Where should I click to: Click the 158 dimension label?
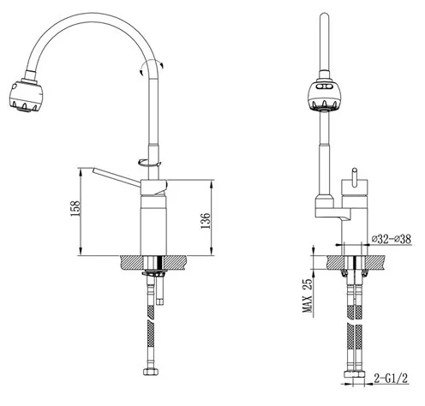click(75, 208)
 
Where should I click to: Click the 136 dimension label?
click(206, 221)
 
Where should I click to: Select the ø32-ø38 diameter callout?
click(392, 239)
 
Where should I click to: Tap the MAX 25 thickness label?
click(308, 296)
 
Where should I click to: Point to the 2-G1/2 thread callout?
click(391, 379)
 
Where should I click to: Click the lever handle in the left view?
click(117, 177)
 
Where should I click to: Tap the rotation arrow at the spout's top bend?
click(151, 67)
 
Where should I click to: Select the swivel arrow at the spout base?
click(149, 163)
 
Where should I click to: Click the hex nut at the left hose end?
click(152, 372)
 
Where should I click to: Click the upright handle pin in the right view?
click(355, 177)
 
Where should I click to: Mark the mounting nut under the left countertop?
click(154, 273)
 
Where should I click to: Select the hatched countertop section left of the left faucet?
click(131, 262)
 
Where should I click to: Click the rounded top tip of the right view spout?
click(325, 15)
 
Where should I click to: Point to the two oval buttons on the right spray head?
click(325, 86)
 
